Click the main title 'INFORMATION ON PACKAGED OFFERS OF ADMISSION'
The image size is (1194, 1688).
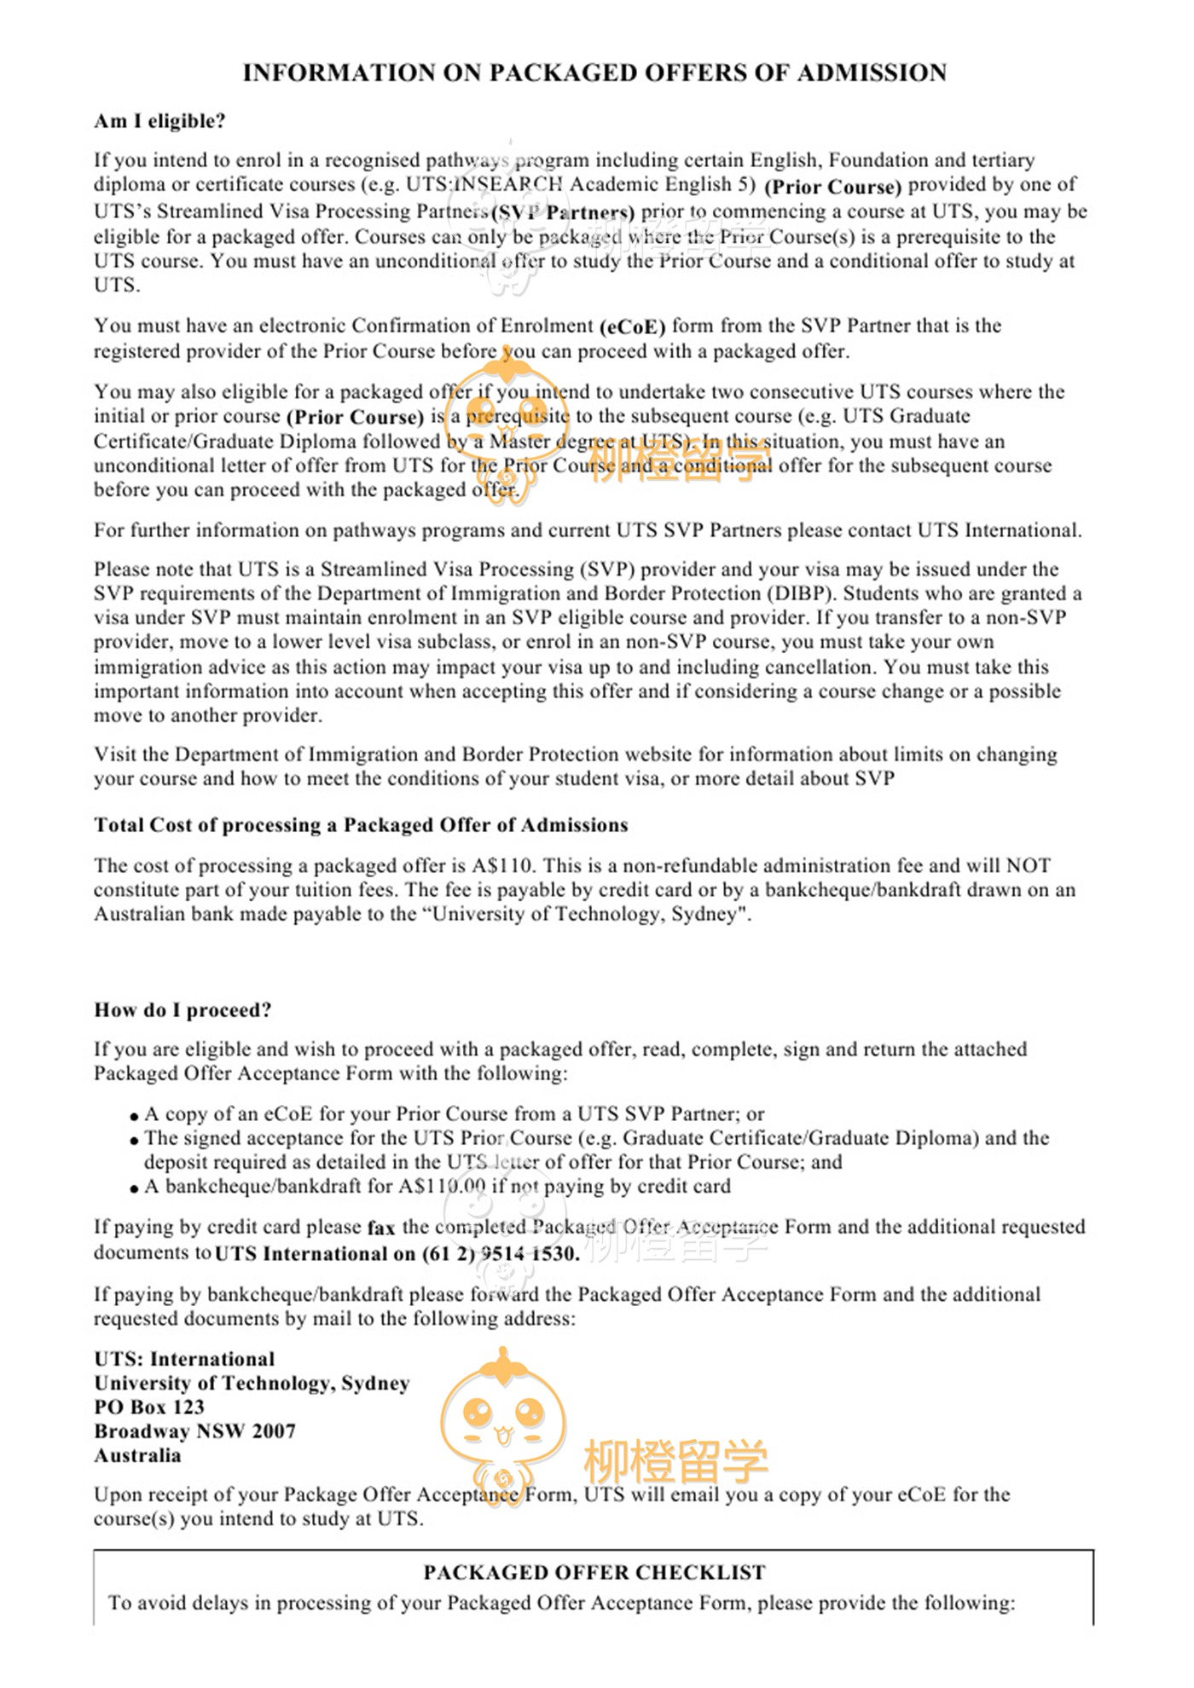click(x=594, y=73)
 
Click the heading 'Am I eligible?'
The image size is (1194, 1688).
click(x=159, y=121)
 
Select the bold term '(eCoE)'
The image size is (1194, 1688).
click(x=632, y=327)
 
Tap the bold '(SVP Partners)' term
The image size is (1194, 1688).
click(x=564, y=212)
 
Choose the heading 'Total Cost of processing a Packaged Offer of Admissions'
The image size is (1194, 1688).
click(x=361, y=825)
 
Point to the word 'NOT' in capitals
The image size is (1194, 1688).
click(x=1028, y=866)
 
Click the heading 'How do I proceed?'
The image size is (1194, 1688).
click(x=183, y=1010)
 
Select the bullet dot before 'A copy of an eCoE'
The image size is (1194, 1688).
click(x=134, y=1116)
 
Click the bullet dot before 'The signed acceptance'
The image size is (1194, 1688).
click(x=134, y=1140)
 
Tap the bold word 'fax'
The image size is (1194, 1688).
click(x=381, y=1228)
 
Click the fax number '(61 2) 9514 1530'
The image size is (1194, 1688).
click(x=501, y=1254)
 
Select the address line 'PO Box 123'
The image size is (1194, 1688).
click(x=149, y=1408)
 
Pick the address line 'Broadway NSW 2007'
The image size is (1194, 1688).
click(x=194, y=1431)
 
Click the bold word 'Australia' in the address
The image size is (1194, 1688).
click(x=137, y=1456)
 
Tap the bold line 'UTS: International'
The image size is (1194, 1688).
click(x=184, y=1359)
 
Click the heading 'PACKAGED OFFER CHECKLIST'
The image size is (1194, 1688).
click(x=594, y=1573)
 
